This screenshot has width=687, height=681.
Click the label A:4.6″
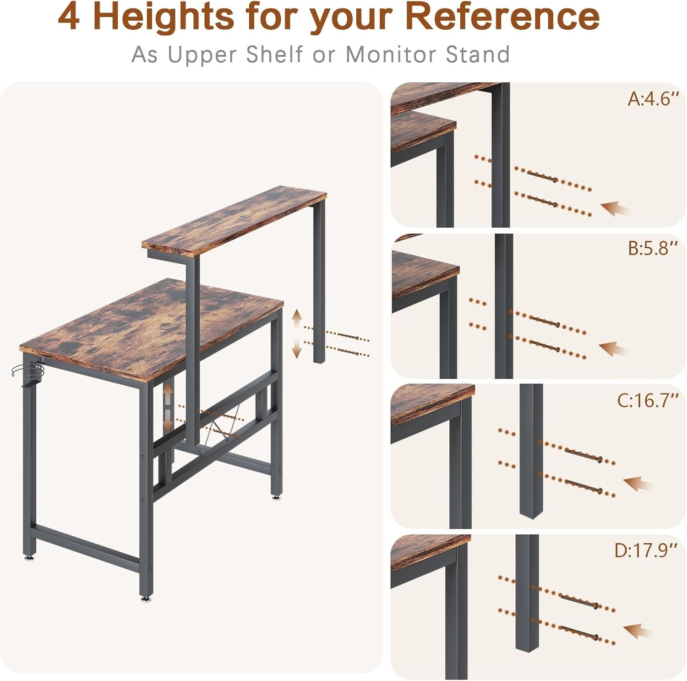653,98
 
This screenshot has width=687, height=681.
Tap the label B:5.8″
653,248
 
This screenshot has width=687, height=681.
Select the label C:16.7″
647,400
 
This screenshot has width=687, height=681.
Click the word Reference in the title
502,16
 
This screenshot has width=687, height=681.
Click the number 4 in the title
69,16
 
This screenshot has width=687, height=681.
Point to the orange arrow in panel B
614,349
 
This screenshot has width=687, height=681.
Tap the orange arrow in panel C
639,484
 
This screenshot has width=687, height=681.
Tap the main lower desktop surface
152,326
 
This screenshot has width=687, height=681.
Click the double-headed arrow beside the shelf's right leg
297,333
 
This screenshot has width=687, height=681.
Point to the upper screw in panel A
541,176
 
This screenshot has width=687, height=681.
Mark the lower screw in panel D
579,632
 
